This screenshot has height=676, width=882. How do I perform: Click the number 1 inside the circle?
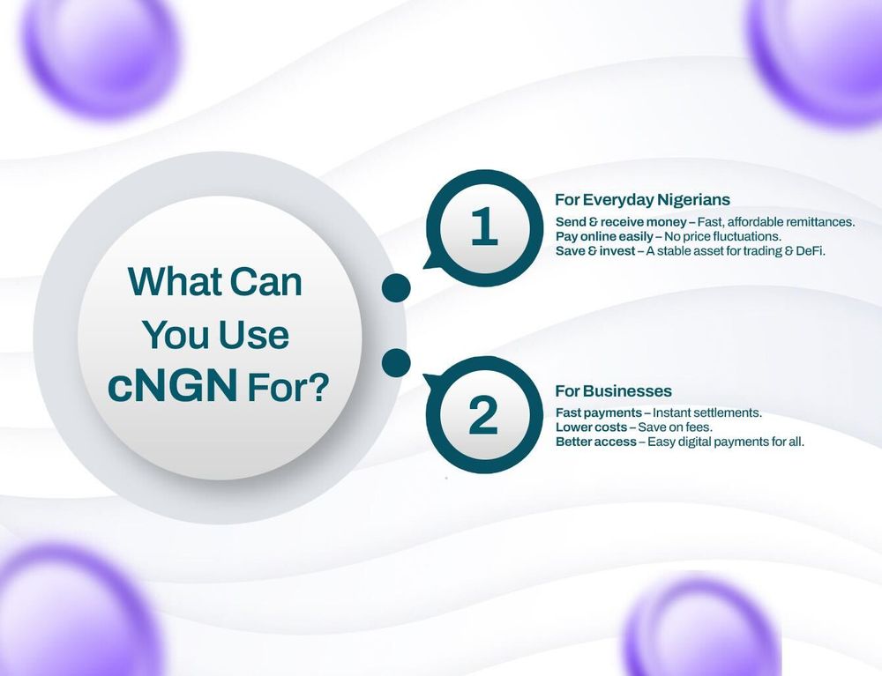[483, 227]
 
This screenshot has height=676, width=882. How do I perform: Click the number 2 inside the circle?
[483, 416]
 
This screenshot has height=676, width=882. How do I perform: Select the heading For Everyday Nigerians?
[642, 200]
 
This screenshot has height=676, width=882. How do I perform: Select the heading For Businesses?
[613, 390]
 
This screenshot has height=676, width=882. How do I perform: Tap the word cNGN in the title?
[172, 386]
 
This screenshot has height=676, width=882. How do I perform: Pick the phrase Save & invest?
[595, 251]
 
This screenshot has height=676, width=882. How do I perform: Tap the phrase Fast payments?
[597, 412]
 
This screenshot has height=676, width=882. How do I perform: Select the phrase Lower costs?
[590, 427]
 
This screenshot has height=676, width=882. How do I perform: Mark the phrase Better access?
[595, 442]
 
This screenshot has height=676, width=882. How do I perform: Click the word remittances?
[816, 222]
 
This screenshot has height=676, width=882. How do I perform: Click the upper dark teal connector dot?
[396, 287]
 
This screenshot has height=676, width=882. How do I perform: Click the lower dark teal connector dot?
[396, 361]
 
